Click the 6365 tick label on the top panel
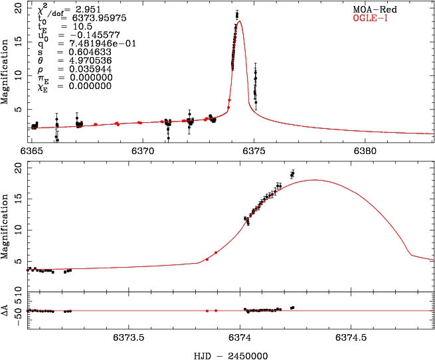click(31, 151)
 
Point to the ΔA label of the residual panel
click(6, 310)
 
